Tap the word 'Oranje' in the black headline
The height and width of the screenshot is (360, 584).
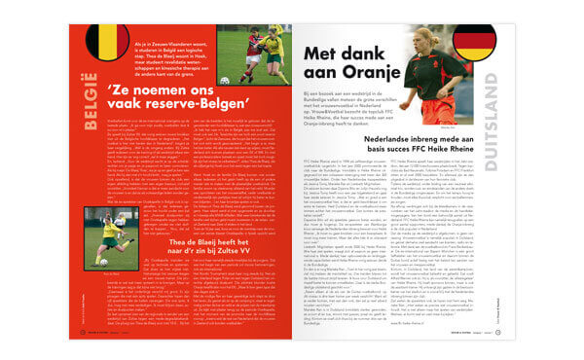pos(348,77)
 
